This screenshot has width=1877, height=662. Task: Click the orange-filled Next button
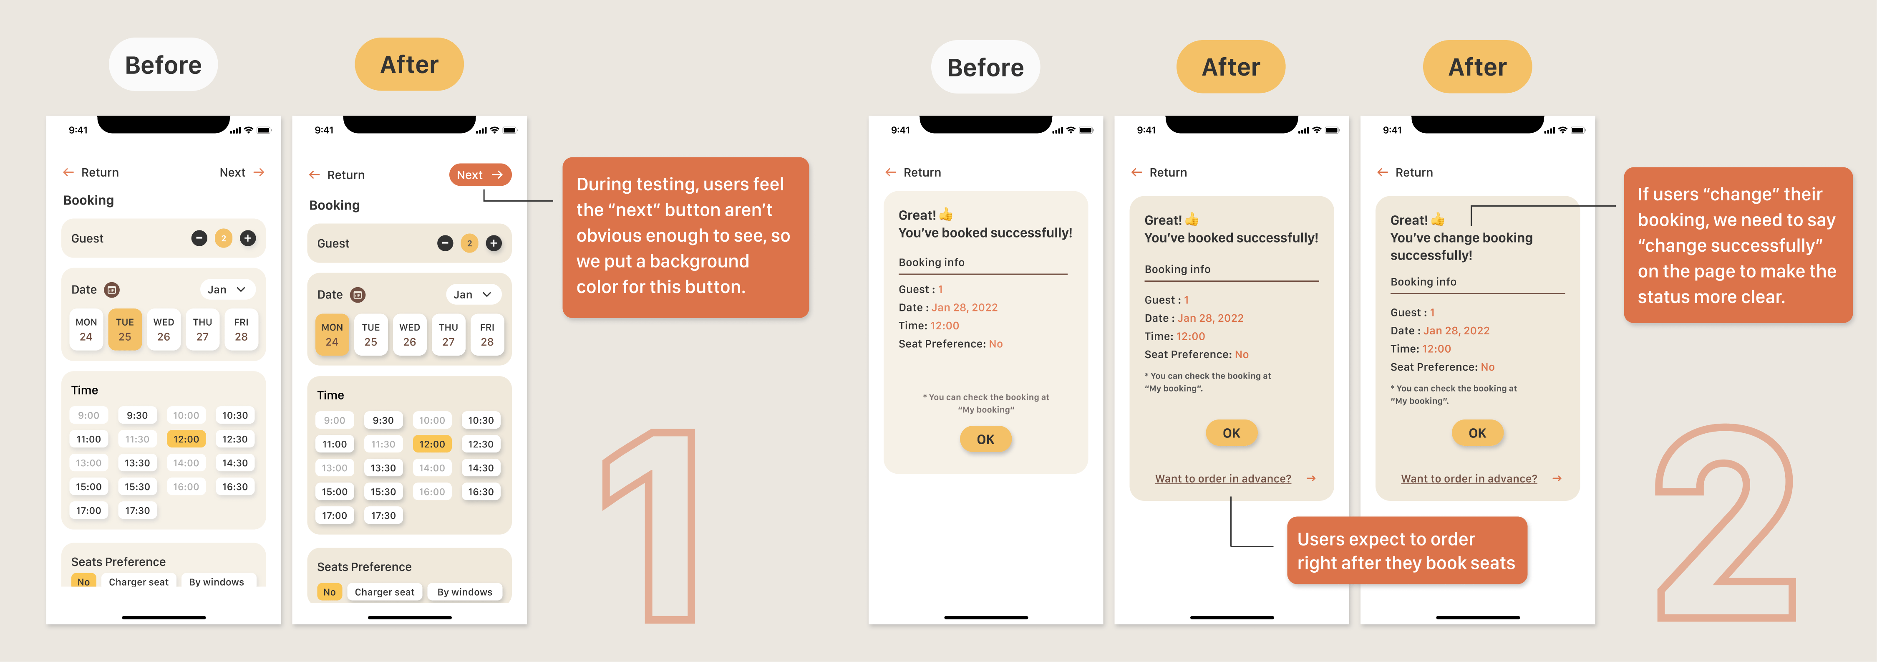(x=480, y=175)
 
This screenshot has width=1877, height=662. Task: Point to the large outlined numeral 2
(x=1726, y=523)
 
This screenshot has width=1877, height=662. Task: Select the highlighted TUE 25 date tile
(x=125, y=330)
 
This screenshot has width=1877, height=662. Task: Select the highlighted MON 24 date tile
(x=332, y=335)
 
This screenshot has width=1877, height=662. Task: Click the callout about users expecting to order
(x=1406, y=551)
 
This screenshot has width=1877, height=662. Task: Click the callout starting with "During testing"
(x=685, y=237)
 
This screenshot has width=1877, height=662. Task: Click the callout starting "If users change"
(x=1737, y=245)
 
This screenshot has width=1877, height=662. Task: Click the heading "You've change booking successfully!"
(x=1461, y=246)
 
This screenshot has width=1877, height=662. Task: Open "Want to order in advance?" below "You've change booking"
(x=1469, y=479)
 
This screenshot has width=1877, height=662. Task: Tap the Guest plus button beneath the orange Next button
(x=494, y=243)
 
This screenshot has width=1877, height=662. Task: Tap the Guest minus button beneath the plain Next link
(x=199, y=238)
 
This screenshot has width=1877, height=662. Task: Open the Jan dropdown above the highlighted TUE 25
(x=227, y=289)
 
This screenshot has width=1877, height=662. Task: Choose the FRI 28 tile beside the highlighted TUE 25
(x=241, y=330)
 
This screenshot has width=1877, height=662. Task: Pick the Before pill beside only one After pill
(x=163, y=65)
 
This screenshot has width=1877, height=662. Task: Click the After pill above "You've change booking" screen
(x=1477, y=67)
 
